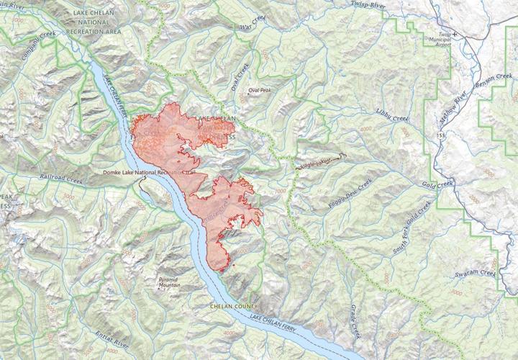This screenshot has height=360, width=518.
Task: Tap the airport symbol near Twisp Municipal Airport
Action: pos(454,33)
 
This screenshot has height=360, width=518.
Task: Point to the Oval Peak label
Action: pos(260,91)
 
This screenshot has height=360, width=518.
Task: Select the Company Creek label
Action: pos(40,46)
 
